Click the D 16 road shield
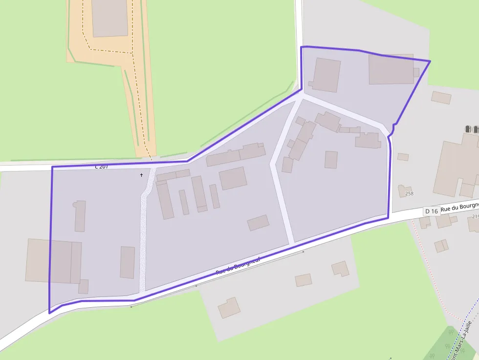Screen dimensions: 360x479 [432, 211]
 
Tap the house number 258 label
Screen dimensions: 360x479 [409, 194]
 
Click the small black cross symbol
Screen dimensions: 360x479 [142, 175]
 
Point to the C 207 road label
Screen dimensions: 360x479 [101, 167]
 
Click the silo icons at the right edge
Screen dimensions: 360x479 [472, 129]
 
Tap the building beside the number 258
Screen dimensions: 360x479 [404, 190]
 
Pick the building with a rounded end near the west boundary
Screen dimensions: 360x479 [80, 215]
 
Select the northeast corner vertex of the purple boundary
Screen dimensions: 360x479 [430, 61]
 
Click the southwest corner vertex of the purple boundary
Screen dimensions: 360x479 [49, 312]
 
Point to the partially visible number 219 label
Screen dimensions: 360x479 [475, 216]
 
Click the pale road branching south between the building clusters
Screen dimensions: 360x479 [282, 195]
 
